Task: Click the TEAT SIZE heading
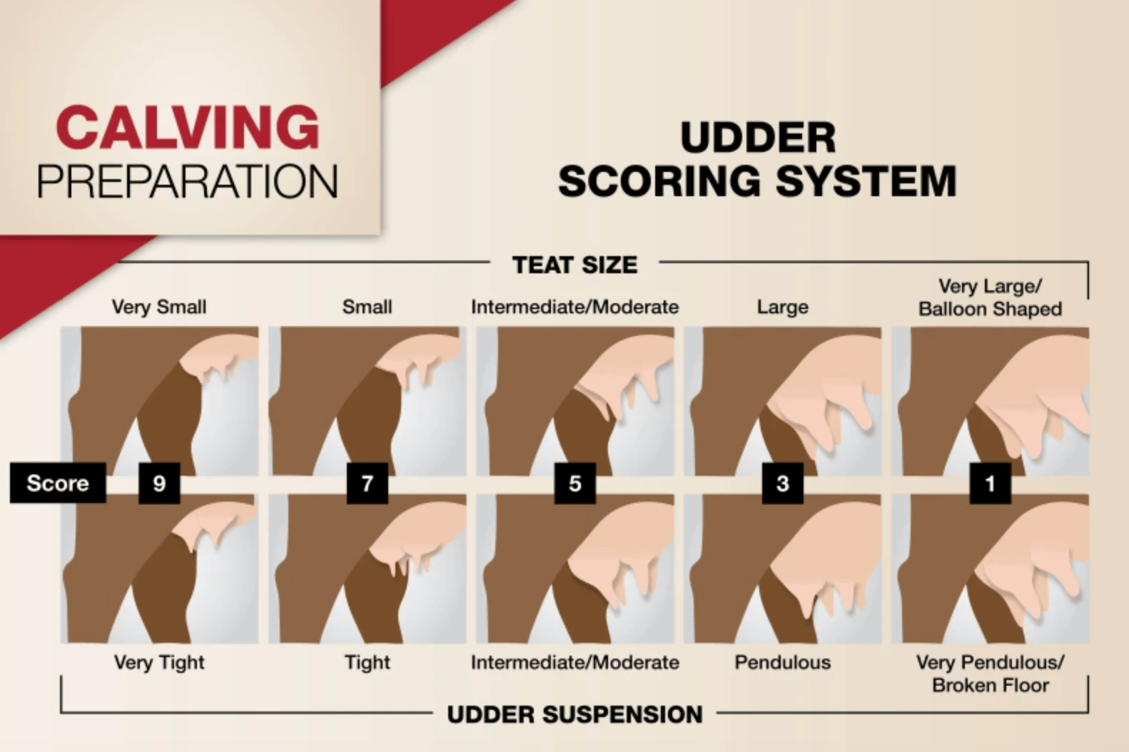click(x=575, y=265)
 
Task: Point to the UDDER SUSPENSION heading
click(x=575, y=714)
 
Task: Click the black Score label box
click(x=58, y=483)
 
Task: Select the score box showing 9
click(x=159, y=483)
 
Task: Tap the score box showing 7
click(x=368, y=483)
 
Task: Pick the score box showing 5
click(x=575, y=483)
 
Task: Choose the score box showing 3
click(x=783, y=483)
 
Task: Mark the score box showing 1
click(x=991, y=483)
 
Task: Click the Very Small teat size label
click(x=159, y=307)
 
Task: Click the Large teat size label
click(x=783, y=308)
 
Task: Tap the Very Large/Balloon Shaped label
click(x=991, y=298)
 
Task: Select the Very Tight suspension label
click(x=159, y=663)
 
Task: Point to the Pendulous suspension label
click(x=783, y=662)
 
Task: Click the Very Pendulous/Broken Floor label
click(x=991, y=674)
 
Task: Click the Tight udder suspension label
click(x=368, y=663)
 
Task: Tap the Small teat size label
click(x=368, y=307)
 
